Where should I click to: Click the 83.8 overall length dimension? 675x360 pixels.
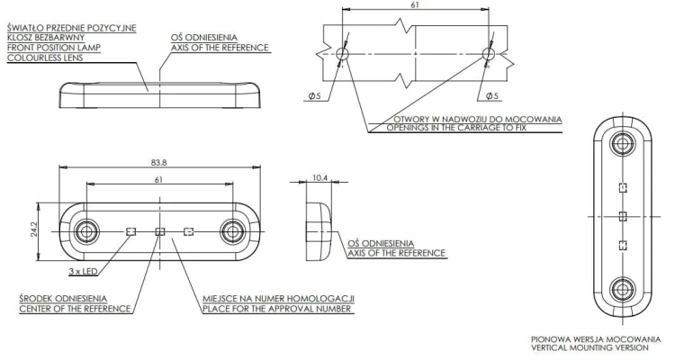(x=158, y=163)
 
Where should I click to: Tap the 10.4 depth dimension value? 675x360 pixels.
(x=319, y=177)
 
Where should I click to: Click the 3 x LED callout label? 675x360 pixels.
(x=83, y=271)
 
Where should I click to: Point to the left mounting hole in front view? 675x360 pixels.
(x=86, y=231)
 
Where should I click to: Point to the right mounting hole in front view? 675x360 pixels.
(x=232, y=231)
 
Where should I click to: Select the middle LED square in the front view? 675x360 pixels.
(x=159, y=231)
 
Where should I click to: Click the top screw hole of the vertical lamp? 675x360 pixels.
(x=622, y=144)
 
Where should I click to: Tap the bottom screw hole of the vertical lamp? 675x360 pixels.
(x=622, y=289)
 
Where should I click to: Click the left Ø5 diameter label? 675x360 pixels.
(x=315, y=96)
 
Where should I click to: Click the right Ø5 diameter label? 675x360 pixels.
(x=492, y=96)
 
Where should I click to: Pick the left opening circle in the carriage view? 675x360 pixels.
(x=342, y=54)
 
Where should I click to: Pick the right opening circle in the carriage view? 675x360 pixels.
(x=488, y=54)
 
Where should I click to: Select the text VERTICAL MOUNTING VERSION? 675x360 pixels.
(x=589, y=347)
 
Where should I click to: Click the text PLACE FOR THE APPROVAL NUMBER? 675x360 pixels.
(x=277, y=309)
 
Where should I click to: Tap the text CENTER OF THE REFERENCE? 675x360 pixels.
(x=75, y=309)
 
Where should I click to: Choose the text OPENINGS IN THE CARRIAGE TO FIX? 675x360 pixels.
(x=456, y=128)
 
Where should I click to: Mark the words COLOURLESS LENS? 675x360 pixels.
(x=45, y=58)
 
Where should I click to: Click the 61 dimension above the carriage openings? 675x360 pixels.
(x=415, y=4)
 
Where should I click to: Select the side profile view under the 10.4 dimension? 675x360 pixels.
(x=319, y=231)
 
